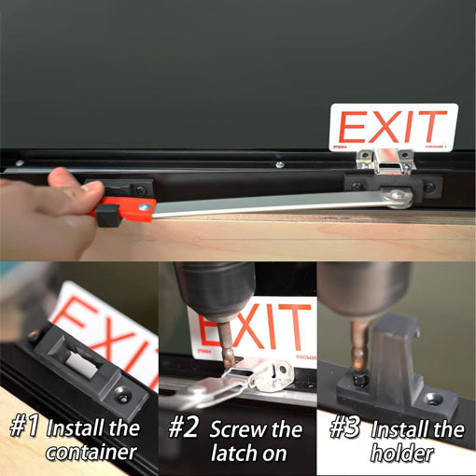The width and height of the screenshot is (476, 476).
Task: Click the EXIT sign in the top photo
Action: pos(392,128)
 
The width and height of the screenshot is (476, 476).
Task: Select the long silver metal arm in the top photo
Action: pos(271,203)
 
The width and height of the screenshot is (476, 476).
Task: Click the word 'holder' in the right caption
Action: pos(402,455)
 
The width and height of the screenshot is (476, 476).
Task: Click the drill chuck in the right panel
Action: pos(364,285)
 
